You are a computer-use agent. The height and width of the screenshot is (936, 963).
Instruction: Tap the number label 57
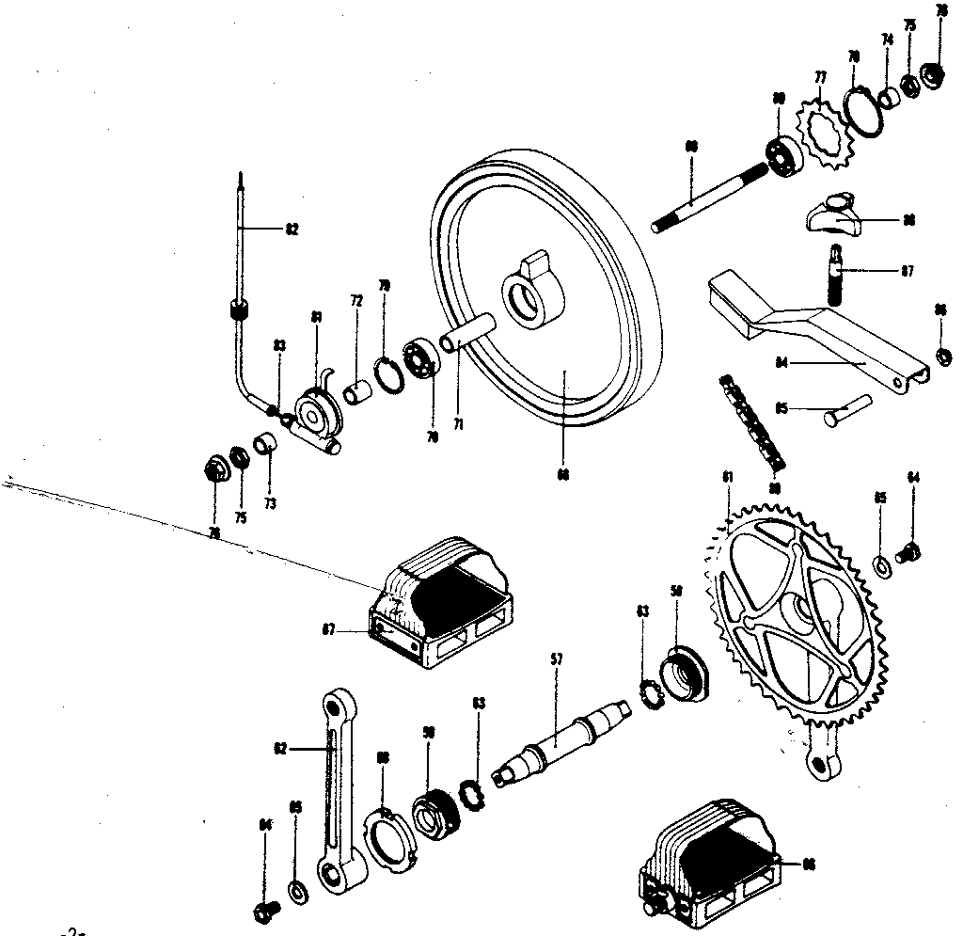click(x=555, y=661)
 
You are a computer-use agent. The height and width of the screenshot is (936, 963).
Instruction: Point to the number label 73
click(x=270, y=504)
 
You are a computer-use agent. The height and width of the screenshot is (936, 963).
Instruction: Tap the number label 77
click(x=820, y=77)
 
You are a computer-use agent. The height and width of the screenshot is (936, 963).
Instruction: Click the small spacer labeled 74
click(x=889, y=97)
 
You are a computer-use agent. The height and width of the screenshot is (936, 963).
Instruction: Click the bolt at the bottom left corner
click(x=264, y=910)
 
